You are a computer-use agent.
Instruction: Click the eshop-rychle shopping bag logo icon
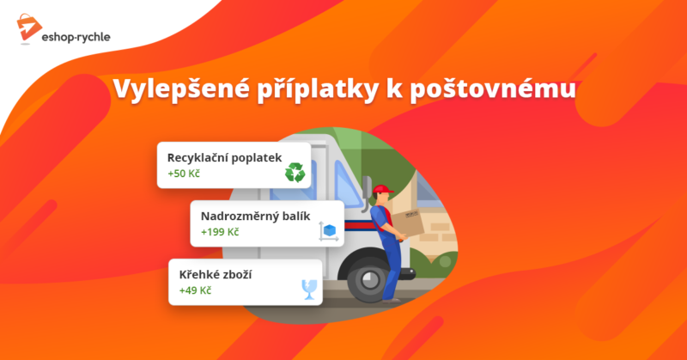[x=29, y=28]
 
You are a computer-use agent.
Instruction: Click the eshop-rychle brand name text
[x=76, y=37]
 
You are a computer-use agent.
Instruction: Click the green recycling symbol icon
[x=295, y=173]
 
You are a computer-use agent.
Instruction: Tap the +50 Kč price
[x=184, y=174]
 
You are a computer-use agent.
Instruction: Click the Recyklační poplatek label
[x=224, y=158]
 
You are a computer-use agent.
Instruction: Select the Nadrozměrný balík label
[x=255, y=217]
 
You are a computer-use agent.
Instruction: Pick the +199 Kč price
[x=220, y=232]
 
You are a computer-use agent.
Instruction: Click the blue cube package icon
[x=329, y=230]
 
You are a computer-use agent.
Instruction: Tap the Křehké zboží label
[x=216, y=275]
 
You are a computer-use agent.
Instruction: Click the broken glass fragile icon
[x=309, y=290]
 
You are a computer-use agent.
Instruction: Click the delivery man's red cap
[x=382, y=189]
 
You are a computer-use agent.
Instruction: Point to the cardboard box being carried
[x=407, y=222]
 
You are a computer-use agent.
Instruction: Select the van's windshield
[x=347, y=183]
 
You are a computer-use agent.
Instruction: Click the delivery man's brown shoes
[x=392, y=301]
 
